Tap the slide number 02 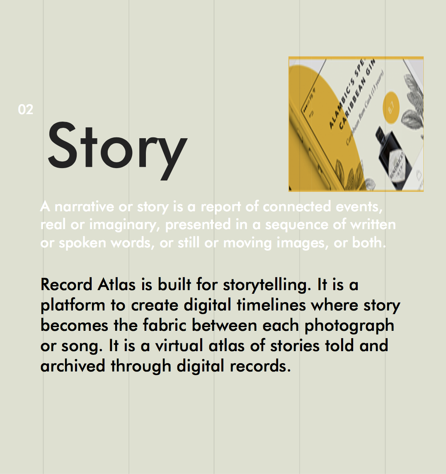coord(26,110)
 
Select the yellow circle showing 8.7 coord(391,107)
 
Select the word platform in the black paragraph coord(73,306)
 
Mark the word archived coord(73,366)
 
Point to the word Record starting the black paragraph coord(67,285)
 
